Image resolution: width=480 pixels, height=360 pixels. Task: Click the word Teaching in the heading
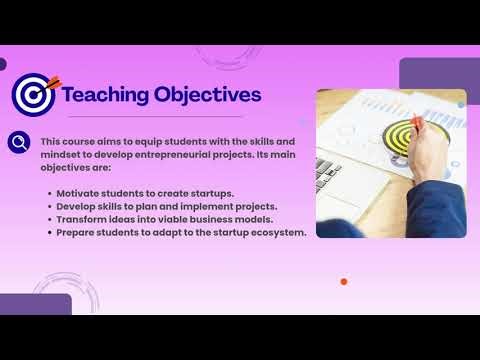(104, 95)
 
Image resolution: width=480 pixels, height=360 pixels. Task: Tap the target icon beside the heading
(33, 96)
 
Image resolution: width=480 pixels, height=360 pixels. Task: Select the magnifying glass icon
(18, 142)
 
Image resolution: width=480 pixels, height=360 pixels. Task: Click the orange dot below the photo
(344, 282)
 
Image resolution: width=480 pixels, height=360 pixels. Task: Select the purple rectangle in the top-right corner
(439, 73)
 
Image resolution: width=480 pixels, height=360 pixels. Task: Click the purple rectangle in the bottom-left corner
(35, 304)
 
